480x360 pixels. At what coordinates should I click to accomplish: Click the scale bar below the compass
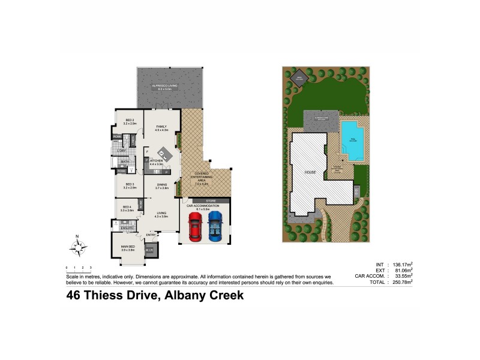click(x=78, y=268)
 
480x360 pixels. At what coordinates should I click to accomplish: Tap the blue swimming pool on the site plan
click(x=352, y=140)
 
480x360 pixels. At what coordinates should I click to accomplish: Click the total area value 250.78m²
click(x=401, y=282)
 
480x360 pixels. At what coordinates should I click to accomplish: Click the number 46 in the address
click(x=74, y=295)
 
